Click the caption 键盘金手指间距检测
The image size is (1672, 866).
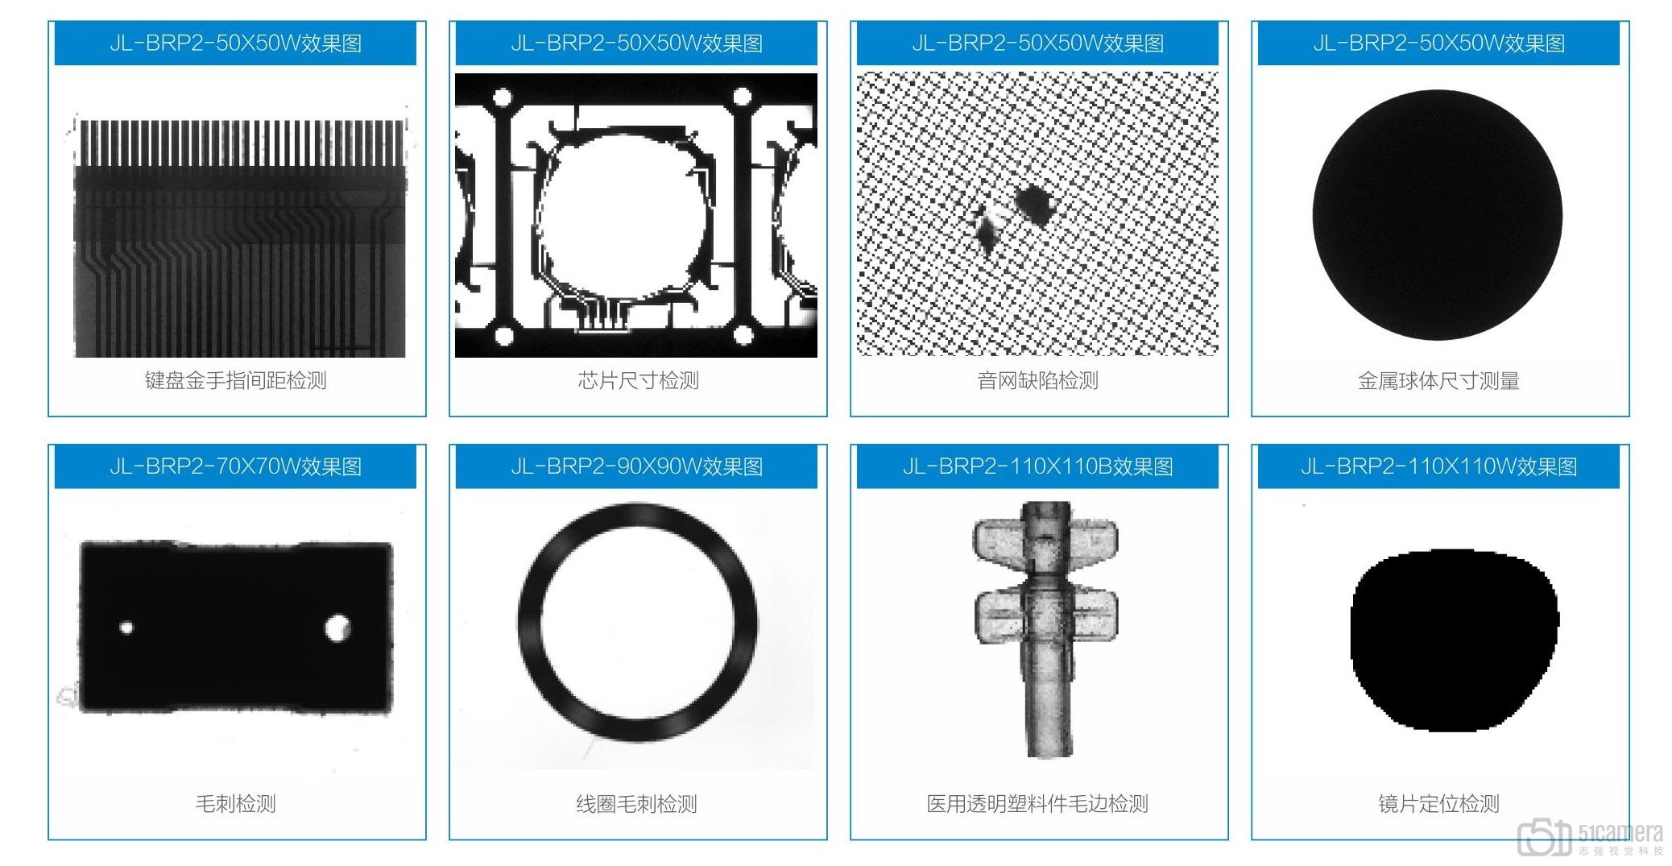coord(235,380)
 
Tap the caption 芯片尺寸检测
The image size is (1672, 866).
coord(638,380)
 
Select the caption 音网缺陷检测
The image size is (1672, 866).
coord(1037,380)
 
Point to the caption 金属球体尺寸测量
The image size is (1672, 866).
coord(1438,380)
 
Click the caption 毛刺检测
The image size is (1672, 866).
coord(235,803)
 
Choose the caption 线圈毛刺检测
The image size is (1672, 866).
coord(636,803)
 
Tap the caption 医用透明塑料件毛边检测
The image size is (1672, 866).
coord(1037,803)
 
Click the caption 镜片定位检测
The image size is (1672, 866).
coord(1438,803)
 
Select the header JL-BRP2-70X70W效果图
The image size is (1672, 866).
coord(235,466)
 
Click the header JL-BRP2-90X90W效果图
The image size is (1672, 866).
coord(636,466)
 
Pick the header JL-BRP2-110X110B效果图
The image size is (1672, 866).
coord(1037,466)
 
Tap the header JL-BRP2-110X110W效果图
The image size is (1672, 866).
coord(1438,466)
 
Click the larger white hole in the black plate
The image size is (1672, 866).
coord(337,628)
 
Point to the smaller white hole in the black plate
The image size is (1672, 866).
coord(126,628)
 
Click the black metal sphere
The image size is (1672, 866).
coord(1438,215)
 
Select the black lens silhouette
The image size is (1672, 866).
coord(1455,640)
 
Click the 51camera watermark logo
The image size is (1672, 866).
coord(1590,838)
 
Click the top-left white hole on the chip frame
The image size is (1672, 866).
coord(503,99)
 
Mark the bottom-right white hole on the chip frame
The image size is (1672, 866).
coord(744,334)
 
